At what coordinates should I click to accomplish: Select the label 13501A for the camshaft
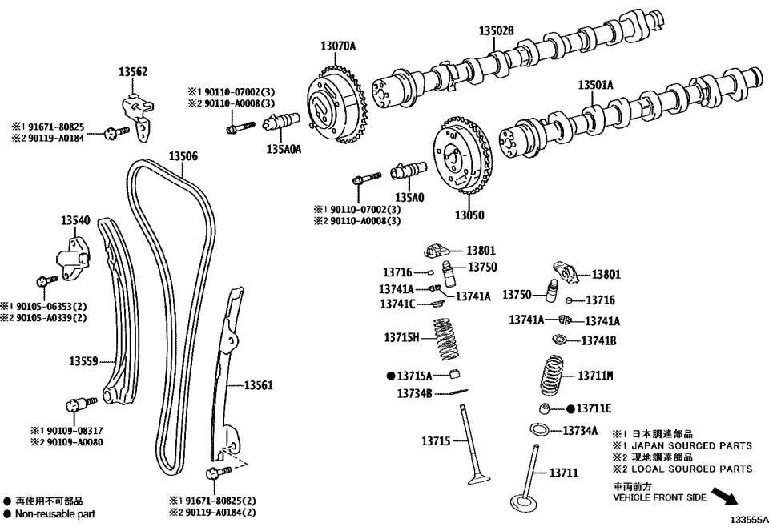coord(595,84)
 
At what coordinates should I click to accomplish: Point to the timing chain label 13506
coord(183,155)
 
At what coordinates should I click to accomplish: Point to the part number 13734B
coord(414,393)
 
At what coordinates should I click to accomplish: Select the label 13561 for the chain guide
coord(259,385)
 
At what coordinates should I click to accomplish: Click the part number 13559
coord(83,362)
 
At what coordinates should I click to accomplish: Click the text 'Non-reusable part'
coord(54,514)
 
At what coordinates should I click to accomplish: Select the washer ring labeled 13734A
coord(541,428)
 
